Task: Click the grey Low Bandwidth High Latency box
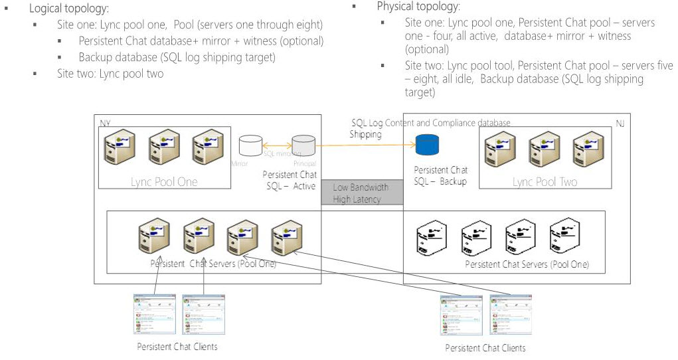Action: pyautogui.click(x=362, y=193)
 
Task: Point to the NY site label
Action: pyautogui.click(x=105, y=124)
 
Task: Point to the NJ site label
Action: pyautogui.click(x=620, y=124)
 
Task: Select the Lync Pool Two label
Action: pyautogui.click(x=545, y=181)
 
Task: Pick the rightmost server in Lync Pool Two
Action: pyautogui.click(x=588, y=148)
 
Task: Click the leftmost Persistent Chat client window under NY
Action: pyautogui.click(x=153, y=315)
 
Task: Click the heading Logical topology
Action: pyautogui.click(x=69, y=10)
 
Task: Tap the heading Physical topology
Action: pyautogui.click(x=418, y=7)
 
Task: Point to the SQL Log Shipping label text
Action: pyautogui.click(x=367, y=129)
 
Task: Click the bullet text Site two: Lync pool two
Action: pyautogui.click(x=110, y=74)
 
